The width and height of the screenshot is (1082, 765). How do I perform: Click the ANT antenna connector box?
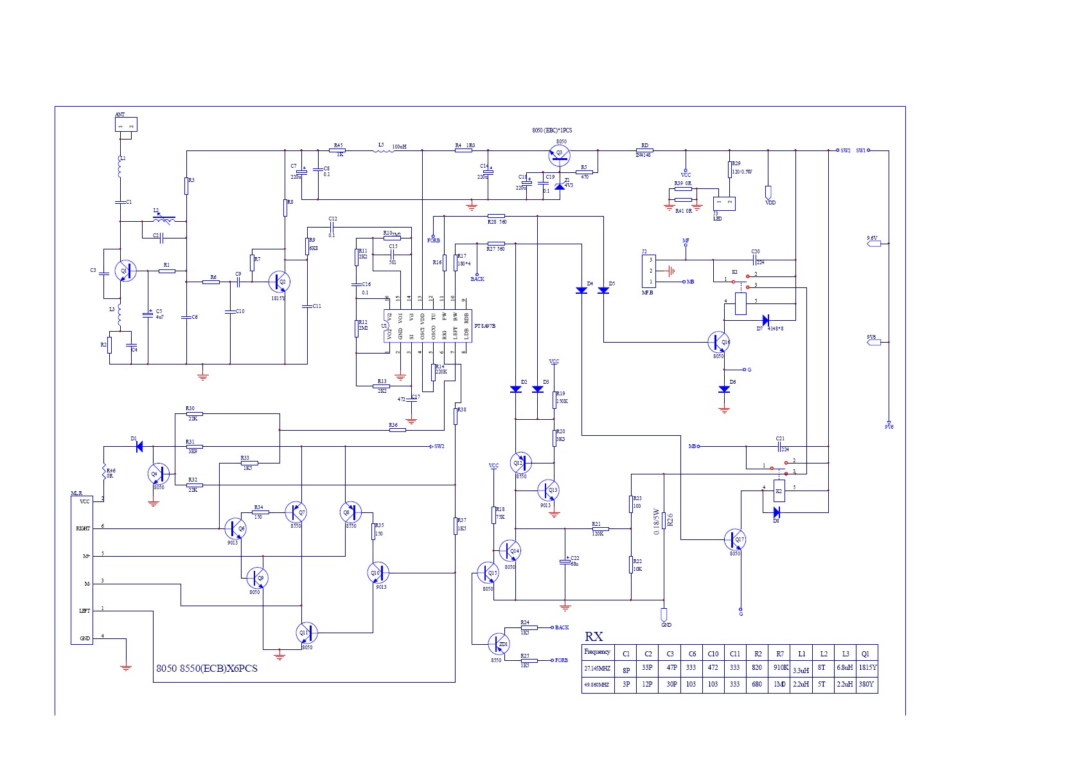click(x=126, y=124)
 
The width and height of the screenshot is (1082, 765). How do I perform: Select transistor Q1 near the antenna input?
click(x=125, y=271)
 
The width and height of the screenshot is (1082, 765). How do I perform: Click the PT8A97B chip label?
click(x=484, y=326)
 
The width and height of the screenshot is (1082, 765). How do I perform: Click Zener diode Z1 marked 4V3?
click(x=560, y=186)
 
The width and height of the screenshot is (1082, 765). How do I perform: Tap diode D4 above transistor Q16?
click(x=581, y=290)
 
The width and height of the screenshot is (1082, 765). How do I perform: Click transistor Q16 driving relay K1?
click(x=718, y=342)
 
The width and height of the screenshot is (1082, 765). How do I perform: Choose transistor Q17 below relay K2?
click(x=734, y=539)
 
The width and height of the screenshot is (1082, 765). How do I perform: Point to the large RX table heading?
click(x=594, y=636)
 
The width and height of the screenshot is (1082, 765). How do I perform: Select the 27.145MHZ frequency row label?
click(x=597, y=668)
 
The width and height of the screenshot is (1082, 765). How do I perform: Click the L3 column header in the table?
click(x=845, y=653)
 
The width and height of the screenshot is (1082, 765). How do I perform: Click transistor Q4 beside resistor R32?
click(x=158, y=474)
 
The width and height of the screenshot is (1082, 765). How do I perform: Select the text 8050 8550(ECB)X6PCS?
click(x=207, y=669)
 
